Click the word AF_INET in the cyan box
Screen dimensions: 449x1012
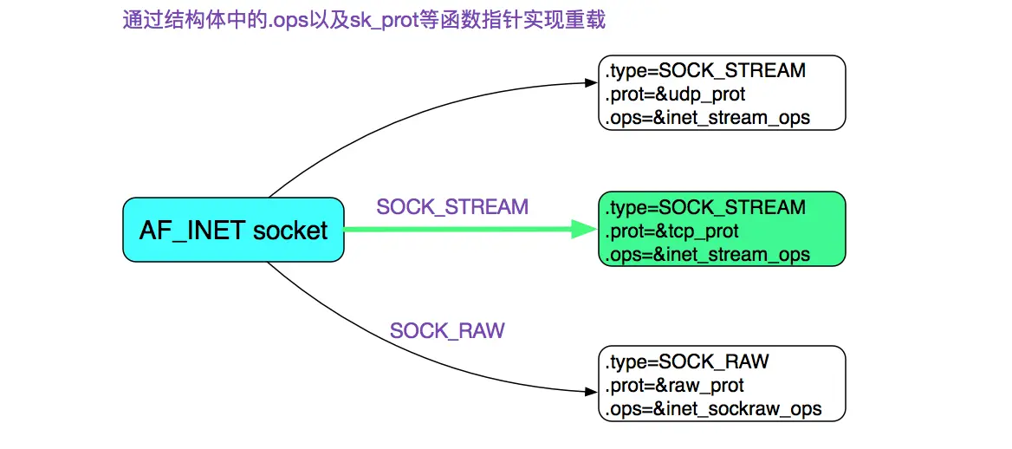[x=192, y=230]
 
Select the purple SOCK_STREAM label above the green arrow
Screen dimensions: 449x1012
[x=452, y=207]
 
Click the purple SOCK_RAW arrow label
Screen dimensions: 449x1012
[x=447, y=330]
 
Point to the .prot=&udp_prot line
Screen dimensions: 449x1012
[x=675, y=94]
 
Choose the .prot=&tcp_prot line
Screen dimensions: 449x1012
[x=672, y=231]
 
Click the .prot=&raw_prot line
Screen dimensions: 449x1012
[x=675, y=386]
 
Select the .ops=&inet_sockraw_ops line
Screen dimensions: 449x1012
[x=713, y=408]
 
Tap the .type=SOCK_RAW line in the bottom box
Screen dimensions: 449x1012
[x=687, y=361]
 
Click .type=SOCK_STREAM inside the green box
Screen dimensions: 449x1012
[x=705, y=208]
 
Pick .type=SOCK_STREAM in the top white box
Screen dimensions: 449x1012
[x=705, y=70]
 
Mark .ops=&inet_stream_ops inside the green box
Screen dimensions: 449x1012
[x=708, y=255]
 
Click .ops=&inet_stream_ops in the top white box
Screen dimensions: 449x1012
[x=708, y=117]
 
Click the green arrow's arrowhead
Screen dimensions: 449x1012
[x=585, y=230]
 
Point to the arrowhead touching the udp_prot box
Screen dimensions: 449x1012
[x=592, y=83]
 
